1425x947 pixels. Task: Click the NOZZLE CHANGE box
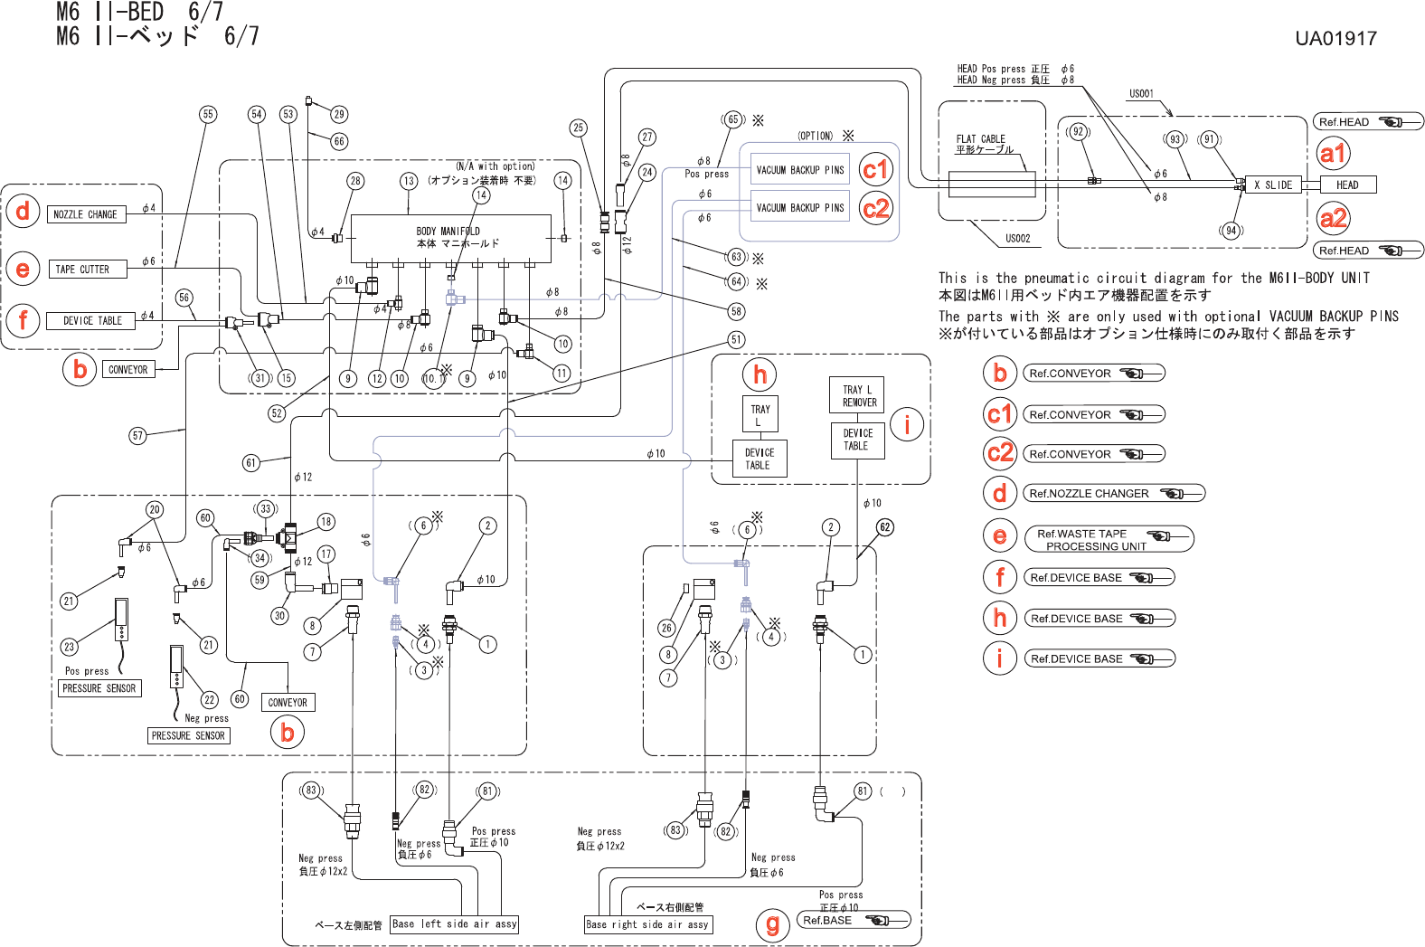click(x=86, y=214)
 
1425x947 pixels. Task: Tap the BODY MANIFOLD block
click(x=450, y=239)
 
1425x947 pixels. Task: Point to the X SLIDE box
click(x=1272, y=185)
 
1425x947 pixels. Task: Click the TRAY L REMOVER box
click(x=858, y=396)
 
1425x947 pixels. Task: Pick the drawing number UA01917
click(x=1335, y=39)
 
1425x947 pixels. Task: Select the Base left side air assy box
click(x=455, y=924)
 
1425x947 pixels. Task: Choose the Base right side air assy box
click(x=647, y=924)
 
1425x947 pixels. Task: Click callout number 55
click(x=208, y=114)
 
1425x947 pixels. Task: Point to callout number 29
click(x=339, y=114)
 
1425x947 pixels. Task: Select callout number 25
click(x=579, y=128)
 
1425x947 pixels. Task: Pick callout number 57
click(x=137, y=436)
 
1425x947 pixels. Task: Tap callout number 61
click(x=251, y=463)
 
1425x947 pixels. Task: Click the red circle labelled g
click(x=772, y=924)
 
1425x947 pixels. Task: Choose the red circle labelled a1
click(x=1333, y=154)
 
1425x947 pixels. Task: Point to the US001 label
click(x=1141, y=94)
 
